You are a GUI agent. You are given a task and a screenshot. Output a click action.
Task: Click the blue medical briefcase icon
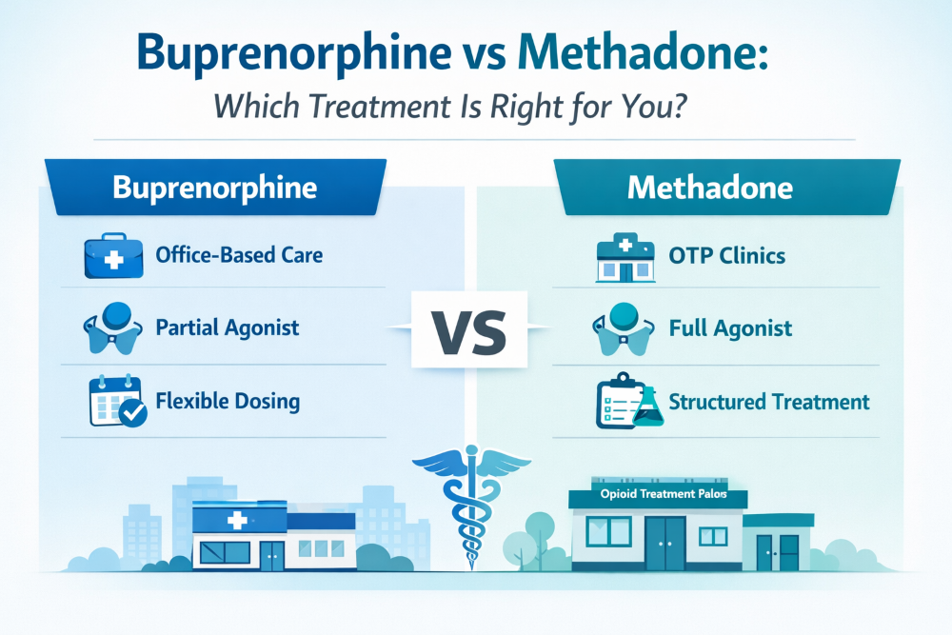click(112, 255)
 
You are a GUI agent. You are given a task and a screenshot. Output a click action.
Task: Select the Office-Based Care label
click(238, 255)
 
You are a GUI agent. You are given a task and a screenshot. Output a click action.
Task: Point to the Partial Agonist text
click(227, 328)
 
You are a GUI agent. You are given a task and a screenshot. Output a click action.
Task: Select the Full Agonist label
click(730, 329)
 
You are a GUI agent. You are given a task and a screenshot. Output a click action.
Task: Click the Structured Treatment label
click(769, 402)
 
